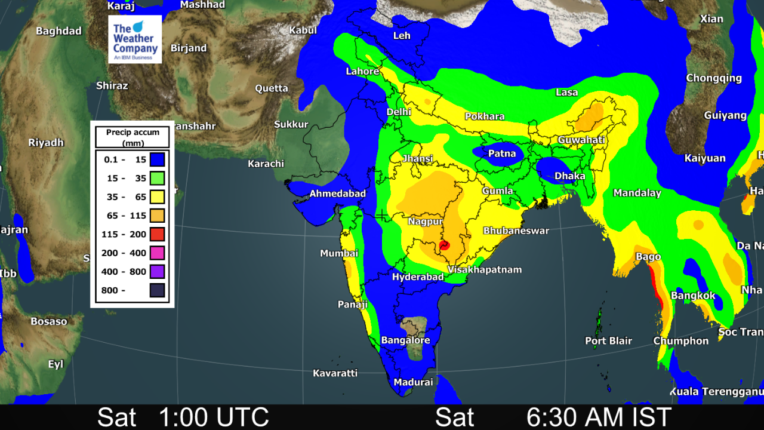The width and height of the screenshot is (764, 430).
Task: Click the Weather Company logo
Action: point(135,39)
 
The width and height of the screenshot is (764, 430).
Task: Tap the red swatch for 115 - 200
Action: point(157,234)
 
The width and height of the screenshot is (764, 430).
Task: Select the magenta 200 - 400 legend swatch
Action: point(157,253)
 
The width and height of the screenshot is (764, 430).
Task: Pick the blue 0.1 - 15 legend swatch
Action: point(157,159)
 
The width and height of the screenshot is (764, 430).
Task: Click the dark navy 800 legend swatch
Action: point(157,291)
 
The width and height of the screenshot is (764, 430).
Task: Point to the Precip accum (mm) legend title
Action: point(133,138)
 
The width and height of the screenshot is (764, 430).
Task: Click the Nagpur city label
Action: point(425,222)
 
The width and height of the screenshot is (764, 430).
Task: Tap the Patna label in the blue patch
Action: point(501,153)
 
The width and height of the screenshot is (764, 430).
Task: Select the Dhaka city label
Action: point(569,176)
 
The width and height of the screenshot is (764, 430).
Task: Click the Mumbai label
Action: point(339,253)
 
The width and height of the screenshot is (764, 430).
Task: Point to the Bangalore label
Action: point(405,340)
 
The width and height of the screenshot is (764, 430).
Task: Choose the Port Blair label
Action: point(608,341)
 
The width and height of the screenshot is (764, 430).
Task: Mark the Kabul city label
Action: point(303,30)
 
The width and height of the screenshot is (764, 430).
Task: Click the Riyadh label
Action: point(46,143)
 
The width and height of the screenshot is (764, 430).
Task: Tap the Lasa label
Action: point(566,93)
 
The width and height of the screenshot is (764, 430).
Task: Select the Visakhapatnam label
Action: point(485,270)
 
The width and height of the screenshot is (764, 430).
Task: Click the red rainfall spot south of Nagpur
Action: point(444,245)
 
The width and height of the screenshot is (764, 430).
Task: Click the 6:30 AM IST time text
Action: point(599,417)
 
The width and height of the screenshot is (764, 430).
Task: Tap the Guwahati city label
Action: point(581,140)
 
